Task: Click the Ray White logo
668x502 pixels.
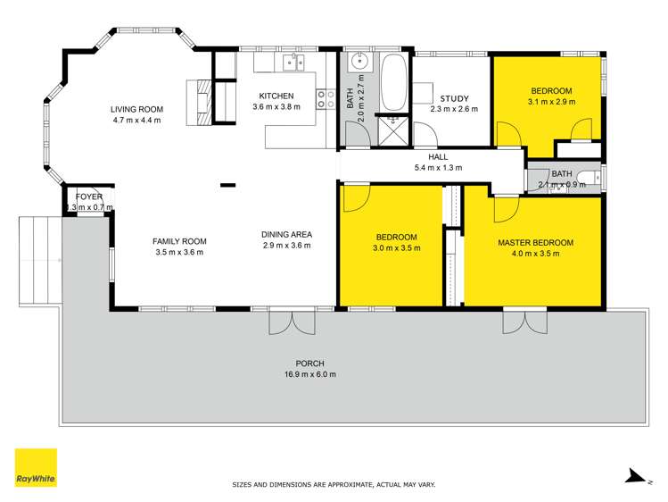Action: [x=36, y=467]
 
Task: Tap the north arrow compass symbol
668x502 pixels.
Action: [x=634, y=478]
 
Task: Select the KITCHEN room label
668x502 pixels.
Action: [x=276, y=96]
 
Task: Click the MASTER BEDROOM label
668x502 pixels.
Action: [x=535, y=242]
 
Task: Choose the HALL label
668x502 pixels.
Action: [x=437, y=155]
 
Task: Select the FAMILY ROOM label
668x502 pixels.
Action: [x=179, y=241]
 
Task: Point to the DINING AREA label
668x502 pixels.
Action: [x=285, y=235]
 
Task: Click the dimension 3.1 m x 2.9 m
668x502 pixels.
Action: [x=551, y=102]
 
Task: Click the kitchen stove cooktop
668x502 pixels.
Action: [x=326, y=98]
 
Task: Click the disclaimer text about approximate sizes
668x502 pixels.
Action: [x=334, y=484]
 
